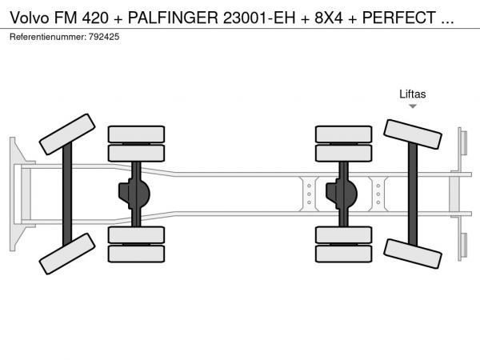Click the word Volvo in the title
click(30, 18)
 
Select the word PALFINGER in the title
click(173, 18)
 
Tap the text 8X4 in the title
click(329, 18)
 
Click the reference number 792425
click(104, 37)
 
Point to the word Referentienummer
click(48, 37)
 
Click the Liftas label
click(412, 94)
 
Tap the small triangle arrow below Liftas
click(413, 106)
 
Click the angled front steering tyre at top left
click(67, 134)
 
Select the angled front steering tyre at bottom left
click(67, 254)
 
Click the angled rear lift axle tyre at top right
click(413, 134)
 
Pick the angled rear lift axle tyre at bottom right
click(413, 254)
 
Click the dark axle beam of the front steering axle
click(67, 194)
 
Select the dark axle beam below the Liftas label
click(413, 194)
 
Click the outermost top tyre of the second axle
click(136, 134)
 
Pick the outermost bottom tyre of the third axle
click(344, 254)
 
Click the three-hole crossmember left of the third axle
click(309, 194)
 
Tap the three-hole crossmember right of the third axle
click(378, 194)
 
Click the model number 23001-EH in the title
click(259, 18)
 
